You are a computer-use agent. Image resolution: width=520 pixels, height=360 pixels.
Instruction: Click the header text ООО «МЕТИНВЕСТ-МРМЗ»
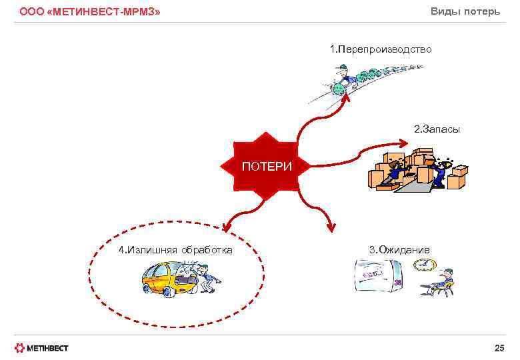coord(89,12)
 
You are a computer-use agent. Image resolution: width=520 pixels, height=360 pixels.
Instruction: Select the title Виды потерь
coord(465,11)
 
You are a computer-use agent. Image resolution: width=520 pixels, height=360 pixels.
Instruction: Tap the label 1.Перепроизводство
coord(381,49)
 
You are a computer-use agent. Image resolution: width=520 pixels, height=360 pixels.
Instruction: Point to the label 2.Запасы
coord(437,129)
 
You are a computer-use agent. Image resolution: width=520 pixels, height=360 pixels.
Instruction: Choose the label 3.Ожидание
coord(399,250)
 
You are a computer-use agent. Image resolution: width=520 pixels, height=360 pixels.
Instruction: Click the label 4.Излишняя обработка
coord(175,250)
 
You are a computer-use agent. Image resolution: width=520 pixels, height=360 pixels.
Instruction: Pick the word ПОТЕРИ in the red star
coord(266,166)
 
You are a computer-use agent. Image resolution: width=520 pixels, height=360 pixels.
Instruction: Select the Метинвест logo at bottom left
coord(41,347)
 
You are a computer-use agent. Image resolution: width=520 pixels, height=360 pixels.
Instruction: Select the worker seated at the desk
coord(445,280)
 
